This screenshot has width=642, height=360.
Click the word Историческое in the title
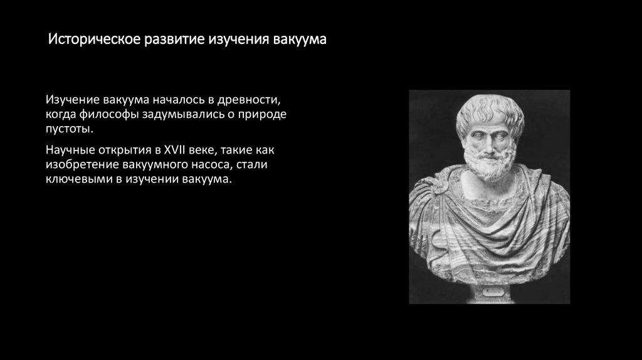point(94,41)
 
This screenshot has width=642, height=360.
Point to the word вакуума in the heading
point(300,41)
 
